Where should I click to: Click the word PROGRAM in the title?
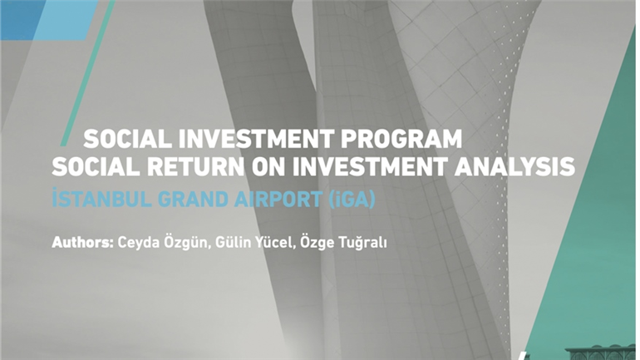tap(401, 139)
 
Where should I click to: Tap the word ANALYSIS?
tap(514, 166)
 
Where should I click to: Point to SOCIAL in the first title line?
tap(128, 139)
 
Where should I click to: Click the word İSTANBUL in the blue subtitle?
tap(101, 200)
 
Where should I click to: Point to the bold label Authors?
tap(82, 243)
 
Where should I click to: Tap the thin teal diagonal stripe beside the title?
tap(87, 72)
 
